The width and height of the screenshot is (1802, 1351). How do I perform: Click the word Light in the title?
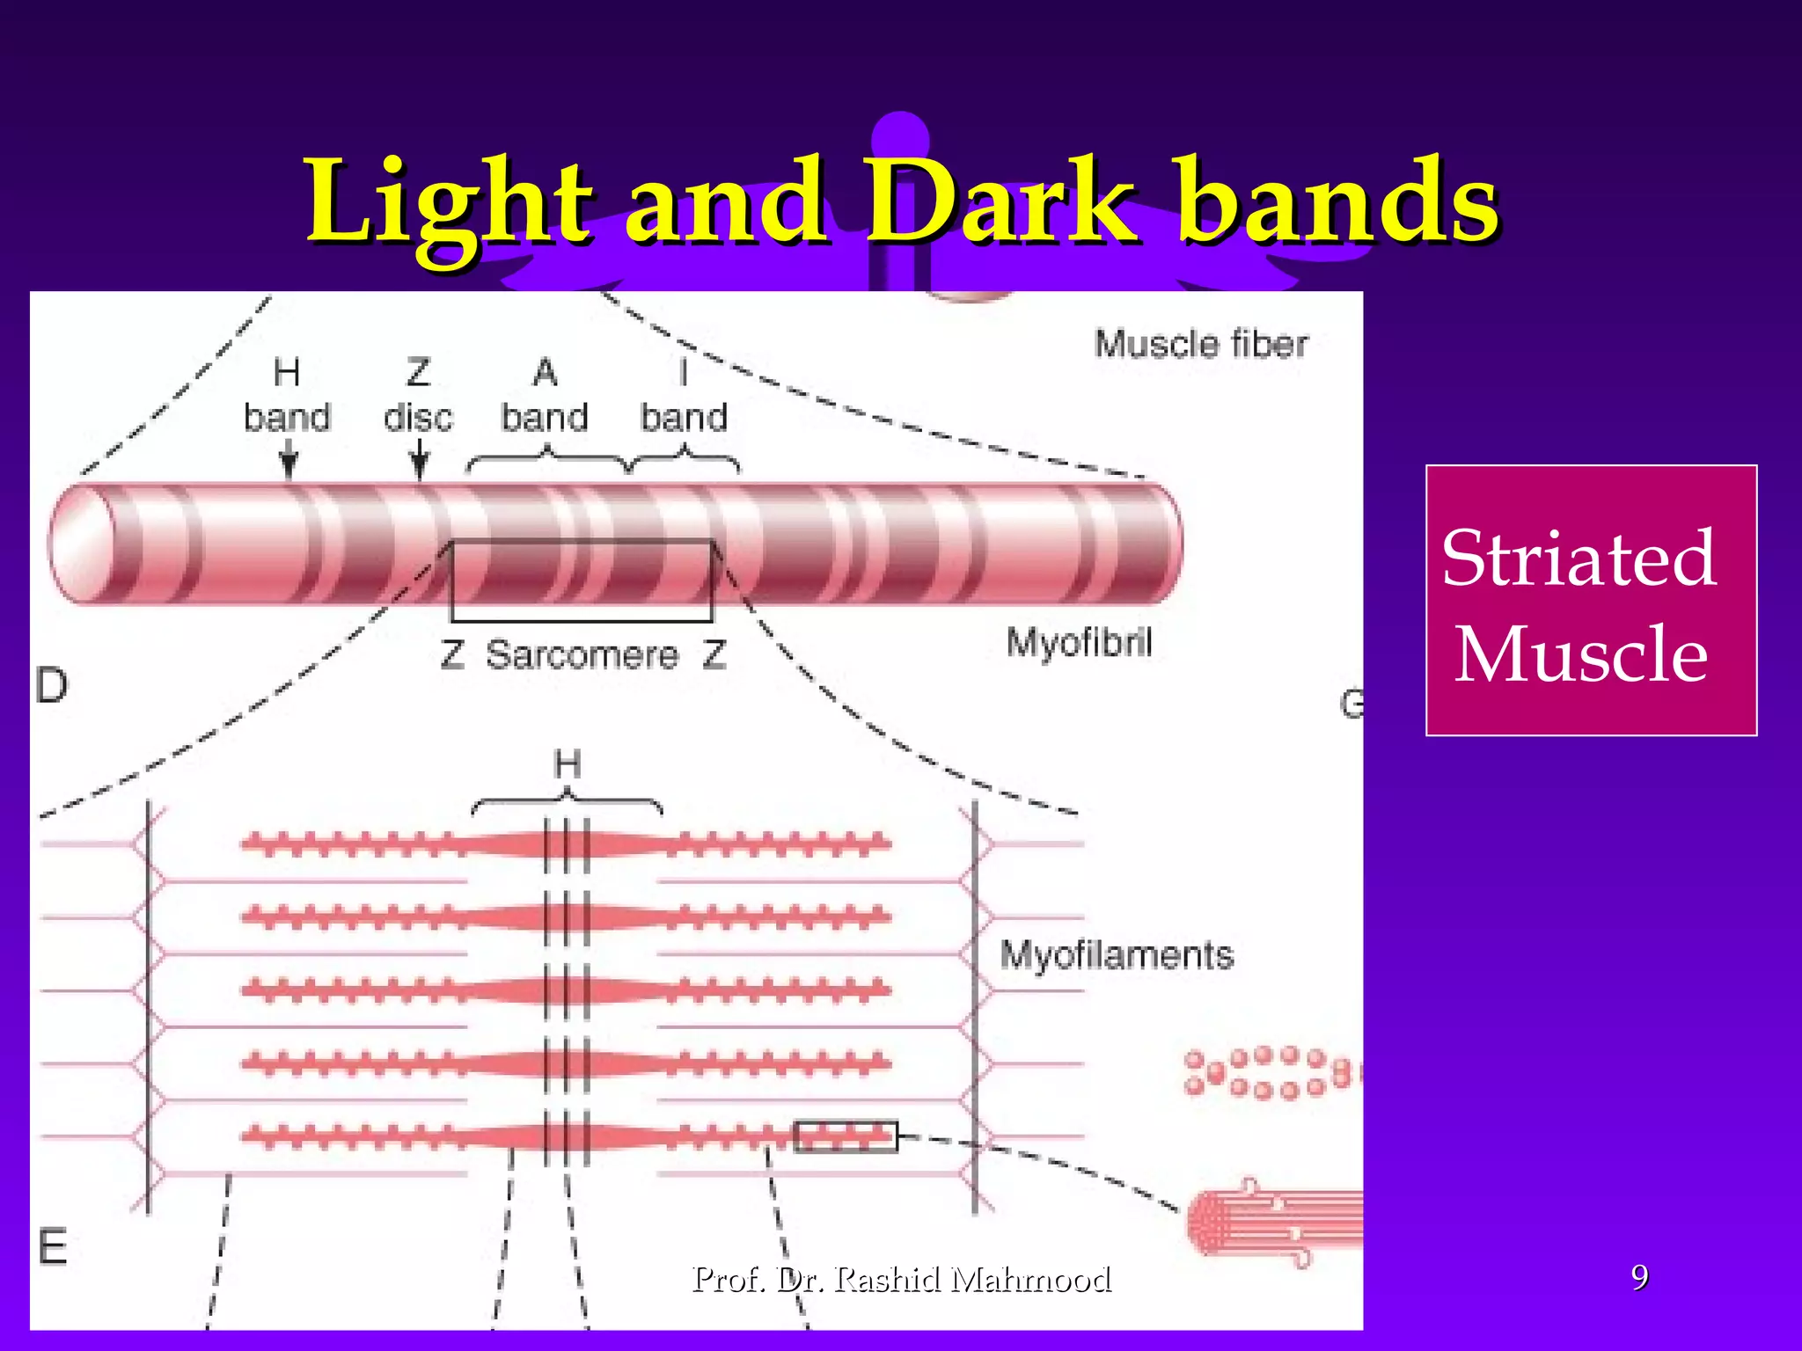(x=449, y=204)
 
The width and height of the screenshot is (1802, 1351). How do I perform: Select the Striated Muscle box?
(x=1590, y=600)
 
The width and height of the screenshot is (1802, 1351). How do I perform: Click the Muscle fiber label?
(x=1201, y=344)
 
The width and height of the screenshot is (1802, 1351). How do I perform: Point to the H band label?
(x=287, y=396)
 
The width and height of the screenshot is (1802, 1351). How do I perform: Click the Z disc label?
(x=418, y=396)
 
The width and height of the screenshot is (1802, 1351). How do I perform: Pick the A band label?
(x=545, y=396)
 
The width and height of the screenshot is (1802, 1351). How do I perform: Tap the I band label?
(x=684, y=396)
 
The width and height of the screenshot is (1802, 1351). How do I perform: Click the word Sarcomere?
(x=582, y=655)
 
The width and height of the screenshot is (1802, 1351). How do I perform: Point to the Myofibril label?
(x=1080, y=643)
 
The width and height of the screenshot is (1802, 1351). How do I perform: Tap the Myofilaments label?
(x=1117, y=955)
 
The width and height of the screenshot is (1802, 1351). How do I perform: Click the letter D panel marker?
(x=52, y=686)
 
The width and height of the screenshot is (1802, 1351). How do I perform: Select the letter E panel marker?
(x=53, y=1247)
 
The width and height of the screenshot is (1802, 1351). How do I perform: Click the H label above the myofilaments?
(x=568, y=764)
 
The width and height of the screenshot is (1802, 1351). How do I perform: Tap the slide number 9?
(x=1639, y=1277)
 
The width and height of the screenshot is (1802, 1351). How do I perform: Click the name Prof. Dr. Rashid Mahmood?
(x=902, y=1279)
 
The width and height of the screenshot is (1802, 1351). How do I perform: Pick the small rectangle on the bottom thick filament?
(x=846, y=1136)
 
